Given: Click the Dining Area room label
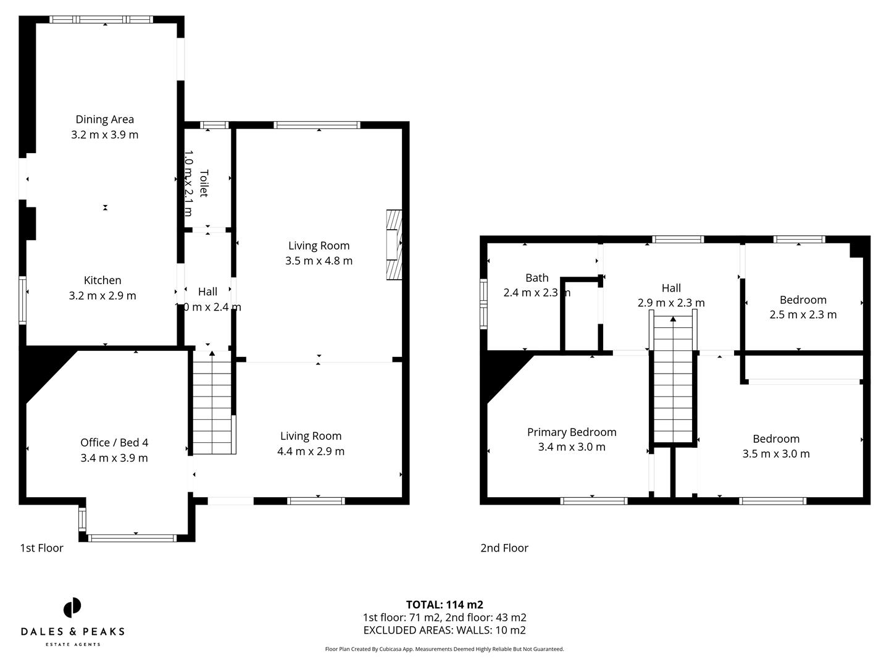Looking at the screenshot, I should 104,119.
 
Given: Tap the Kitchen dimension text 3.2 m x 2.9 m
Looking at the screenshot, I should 102,296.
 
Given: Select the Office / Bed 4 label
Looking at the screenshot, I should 114,442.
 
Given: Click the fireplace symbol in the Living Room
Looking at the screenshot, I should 393,245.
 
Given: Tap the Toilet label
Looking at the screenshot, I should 204,183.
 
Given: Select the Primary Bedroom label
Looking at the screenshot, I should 572,432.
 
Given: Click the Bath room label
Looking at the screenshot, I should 536,278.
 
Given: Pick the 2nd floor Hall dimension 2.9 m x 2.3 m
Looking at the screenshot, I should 671,303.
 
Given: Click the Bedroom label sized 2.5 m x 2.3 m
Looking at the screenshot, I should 803,300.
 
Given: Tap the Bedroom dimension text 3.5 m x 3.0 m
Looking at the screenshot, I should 776,454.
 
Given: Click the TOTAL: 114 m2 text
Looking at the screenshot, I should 444,605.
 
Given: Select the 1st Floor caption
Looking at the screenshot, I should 42,548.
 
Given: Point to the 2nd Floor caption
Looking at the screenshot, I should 504,548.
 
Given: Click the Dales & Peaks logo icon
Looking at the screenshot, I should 72,608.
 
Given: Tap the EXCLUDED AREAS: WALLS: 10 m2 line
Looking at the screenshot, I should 444,631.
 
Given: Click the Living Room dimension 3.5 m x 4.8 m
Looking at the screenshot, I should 319,261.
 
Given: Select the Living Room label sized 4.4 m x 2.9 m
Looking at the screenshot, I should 311,436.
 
